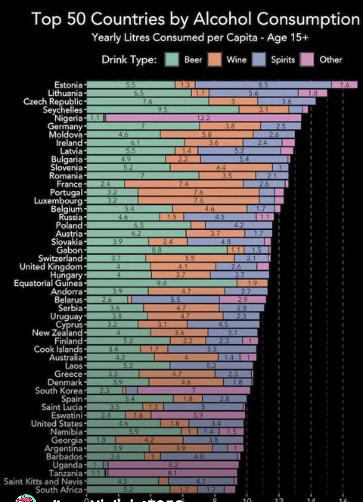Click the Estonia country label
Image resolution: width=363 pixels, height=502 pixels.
[68, 85]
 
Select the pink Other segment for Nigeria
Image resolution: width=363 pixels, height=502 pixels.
[203, 118]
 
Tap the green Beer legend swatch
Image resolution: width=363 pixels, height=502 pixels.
[172, 60]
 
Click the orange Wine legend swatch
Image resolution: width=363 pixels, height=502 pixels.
[215, 60]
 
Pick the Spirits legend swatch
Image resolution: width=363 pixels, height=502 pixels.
[259, 60]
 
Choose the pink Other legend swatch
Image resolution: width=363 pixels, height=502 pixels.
[307, 60]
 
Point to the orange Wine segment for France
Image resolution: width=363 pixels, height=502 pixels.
[184, 184]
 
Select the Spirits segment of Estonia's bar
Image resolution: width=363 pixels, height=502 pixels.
[263, 85]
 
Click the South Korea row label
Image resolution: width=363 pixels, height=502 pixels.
[59, 391]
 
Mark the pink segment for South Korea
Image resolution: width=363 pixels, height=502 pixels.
[194, 391]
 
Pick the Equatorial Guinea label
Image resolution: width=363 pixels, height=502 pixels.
[48, 283]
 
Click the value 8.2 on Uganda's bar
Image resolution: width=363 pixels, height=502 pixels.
[173, 465]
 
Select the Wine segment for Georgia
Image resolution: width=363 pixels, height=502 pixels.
[149, 440]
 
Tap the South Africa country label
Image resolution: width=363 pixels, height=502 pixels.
[59, 490]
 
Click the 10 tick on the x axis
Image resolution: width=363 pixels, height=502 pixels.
[247, 500]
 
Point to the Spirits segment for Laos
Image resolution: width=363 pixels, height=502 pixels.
[211, 366]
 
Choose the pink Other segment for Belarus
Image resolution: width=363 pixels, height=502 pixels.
[243, 299]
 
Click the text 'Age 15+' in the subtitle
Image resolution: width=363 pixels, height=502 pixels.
[288, 38]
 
